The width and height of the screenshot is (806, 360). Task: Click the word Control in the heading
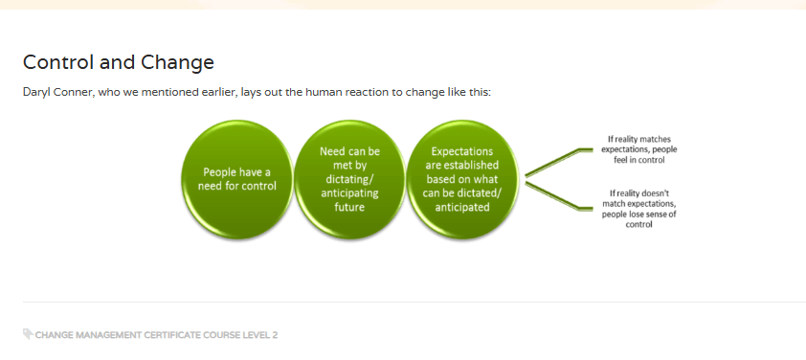pos(58,62)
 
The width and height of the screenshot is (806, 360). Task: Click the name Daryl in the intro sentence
pos(36,94)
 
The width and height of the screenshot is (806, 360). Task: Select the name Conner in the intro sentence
pos(74,93)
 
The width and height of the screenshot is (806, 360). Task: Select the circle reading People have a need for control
pos(237,179)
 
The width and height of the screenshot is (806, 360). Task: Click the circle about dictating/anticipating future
pos(349,179)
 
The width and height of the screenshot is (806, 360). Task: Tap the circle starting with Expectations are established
pos(462,179)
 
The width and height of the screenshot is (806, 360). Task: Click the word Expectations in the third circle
pos(462,151)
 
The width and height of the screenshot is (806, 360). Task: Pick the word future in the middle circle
pos(349,207)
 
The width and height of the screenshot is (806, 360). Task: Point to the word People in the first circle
pos(219,171)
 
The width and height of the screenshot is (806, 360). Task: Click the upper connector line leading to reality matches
pos(559,162)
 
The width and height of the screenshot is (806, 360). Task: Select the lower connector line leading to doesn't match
pos(559,195)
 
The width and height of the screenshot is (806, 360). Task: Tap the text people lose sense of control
pos(638,219)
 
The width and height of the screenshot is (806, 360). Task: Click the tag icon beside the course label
pos(29,334)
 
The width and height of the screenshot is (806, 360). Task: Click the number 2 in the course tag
pos(275,335)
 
